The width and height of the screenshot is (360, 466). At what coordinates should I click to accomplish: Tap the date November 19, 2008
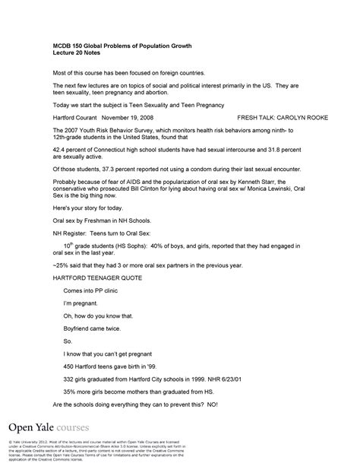pos(131,119)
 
